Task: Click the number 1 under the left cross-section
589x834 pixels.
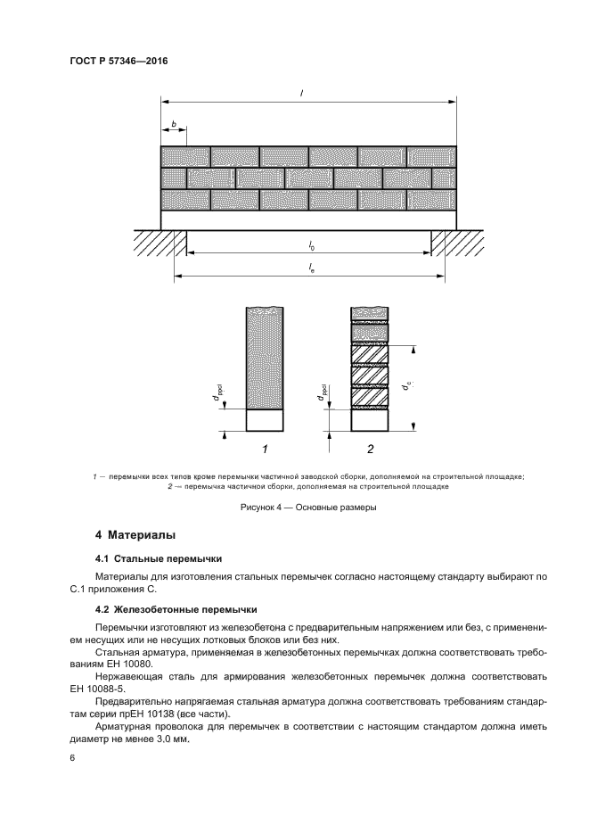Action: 265,449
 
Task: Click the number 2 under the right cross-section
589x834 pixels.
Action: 370,449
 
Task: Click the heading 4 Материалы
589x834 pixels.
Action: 135,535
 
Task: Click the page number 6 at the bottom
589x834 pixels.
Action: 73,757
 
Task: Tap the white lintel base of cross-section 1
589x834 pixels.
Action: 265,419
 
